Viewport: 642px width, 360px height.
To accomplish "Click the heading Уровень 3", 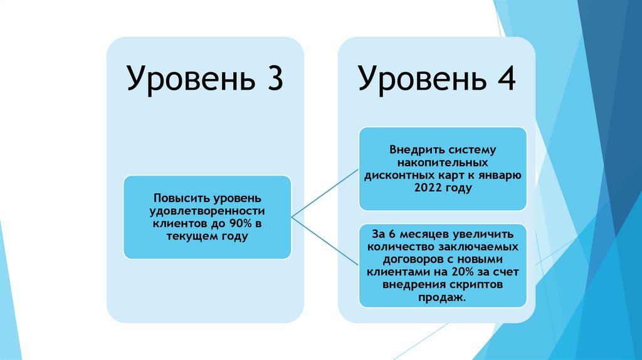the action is [x=205, y=78].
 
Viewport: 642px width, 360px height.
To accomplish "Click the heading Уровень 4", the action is [x=437, y=78].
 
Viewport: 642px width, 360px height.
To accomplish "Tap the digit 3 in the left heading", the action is [x=272, y=78].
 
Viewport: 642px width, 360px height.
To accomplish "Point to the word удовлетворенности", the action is [x=207, y=211].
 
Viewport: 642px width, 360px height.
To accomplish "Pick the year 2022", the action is [x=427, y=187].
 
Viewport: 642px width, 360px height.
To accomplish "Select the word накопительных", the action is [x=443, y=162].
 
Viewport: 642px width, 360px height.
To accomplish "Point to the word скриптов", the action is [x=477, y=283].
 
